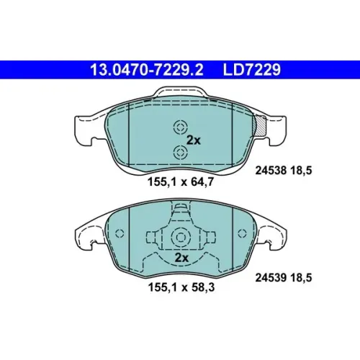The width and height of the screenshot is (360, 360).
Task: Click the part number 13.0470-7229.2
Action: click(146, 70)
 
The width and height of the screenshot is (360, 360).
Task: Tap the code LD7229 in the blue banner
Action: click(252, 70)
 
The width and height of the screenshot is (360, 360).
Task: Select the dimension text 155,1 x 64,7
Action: click(181, 182)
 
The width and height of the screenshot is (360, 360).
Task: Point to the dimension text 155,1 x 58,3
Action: click(181, 287)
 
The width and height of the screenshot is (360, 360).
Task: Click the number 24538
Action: click(271, 171)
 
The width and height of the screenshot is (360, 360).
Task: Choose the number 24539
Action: click(271, 278)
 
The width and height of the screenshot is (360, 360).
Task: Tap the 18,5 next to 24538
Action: click(301, 171)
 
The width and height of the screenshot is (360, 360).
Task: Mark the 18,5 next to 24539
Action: click(301, 278)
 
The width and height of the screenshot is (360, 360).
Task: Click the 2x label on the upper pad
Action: click(194, 140)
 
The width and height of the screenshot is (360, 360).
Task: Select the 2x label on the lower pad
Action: click(181, 258)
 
